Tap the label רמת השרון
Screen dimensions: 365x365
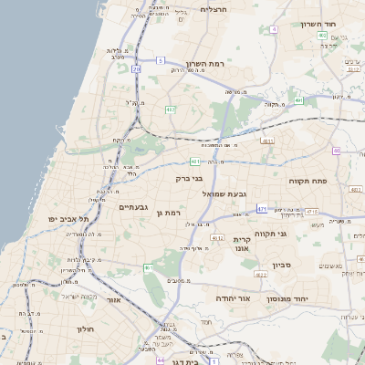(204, 64)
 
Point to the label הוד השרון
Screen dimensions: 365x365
(318, 24)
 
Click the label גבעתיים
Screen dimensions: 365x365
(133, 207)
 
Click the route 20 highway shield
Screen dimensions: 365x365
(137, 68)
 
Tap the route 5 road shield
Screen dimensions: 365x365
(160, 60)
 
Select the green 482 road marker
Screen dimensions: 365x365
(171, 109)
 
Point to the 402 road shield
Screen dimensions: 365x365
(322, 36)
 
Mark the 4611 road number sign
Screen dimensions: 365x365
(267, 141)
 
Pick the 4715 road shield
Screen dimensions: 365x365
(312, 212)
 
